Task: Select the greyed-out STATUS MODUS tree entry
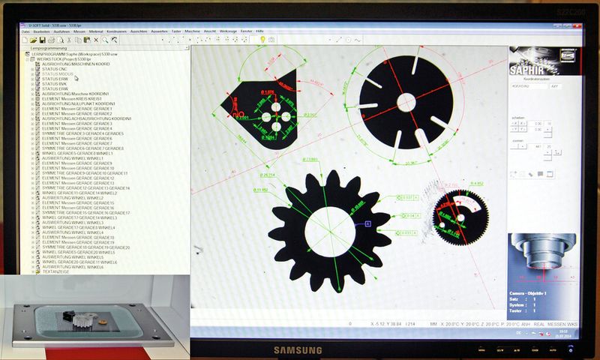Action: coord(58,74)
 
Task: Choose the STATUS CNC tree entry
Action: coord(56,69)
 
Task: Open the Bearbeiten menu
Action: coord(40,31)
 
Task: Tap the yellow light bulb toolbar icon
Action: coord(262,39)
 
